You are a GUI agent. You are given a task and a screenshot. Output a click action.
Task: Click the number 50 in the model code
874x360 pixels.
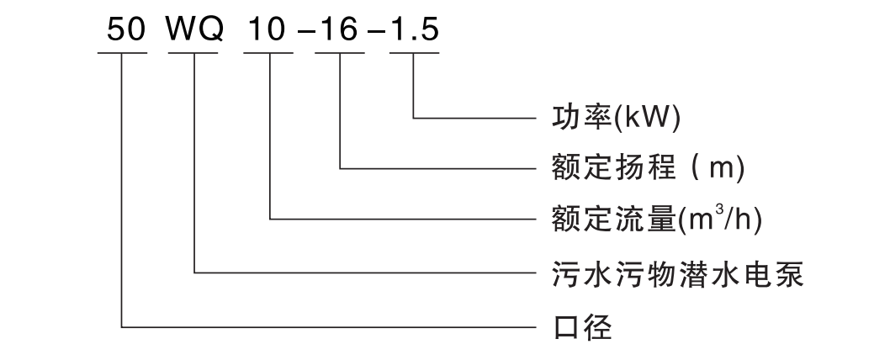pos(126,29)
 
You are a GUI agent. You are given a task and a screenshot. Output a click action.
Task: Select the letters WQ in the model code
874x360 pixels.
pos(195,29)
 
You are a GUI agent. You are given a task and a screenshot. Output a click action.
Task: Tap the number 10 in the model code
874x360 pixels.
pos(266,29)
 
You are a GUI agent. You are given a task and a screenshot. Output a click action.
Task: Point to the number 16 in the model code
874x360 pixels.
pos(339,29)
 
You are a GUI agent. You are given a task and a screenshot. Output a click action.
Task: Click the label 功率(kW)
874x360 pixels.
pos(616,118)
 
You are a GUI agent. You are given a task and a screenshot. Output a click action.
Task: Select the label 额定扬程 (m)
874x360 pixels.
pos(648,167)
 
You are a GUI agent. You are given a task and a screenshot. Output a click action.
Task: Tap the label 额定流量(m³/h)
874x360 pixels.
pos(656,219)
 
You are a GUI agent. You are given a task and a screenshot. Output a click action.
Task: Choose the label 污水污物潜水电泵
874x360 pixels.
pos(677,273)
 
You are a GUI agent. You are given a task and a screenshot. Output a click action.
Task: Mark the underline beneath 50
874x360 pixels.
pos(123,54)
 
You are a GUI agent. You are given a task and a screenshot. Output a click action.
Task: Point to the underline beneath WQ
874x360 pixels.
pos(193,54)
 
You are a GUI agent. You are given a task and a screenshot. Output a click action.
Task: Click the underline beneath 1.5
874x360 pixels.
pos(414,54)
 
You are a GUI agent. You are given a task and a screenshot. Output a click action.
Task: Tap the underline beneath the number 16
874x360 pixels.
pos(340,54)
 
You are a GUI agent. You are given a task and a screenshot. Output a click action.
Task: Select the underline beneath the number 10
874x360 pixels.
pos(268,54)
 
